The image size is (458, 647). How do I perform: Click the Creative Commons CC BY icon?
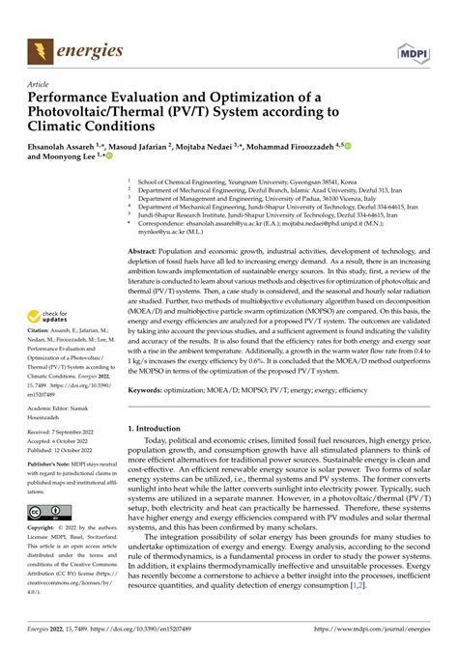47,511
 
